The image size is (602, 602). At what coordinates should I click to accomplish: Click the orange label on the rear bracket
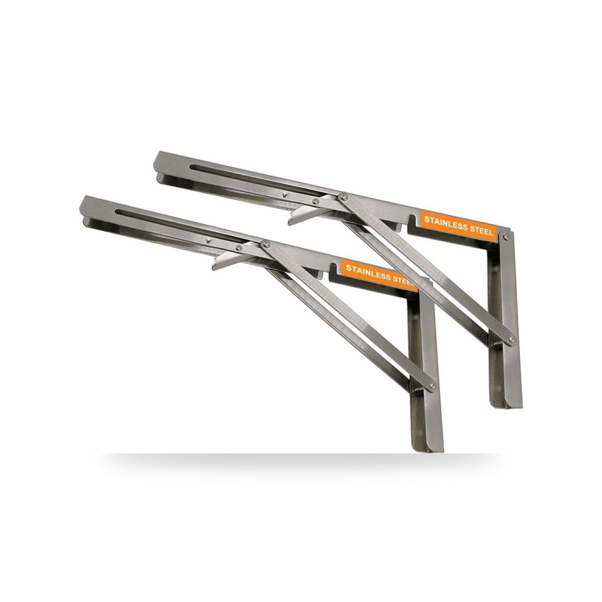[458, 225]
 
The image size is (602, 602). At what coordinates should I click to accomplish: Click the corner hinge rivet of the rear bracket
[507, 237]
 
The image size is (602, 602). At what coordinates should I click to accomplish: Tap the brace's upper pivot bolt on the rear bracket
[344, 197]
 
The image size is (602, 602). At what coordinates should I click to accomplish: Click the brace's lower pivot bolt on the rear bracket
[511, 339]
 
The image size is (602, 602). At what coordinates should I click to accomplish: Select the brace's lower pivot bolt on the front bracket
[433, 385]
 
